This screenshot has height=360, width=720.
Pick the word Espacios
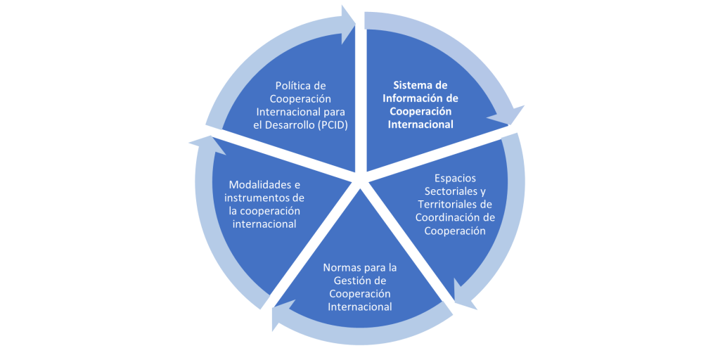click(455, 179)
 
